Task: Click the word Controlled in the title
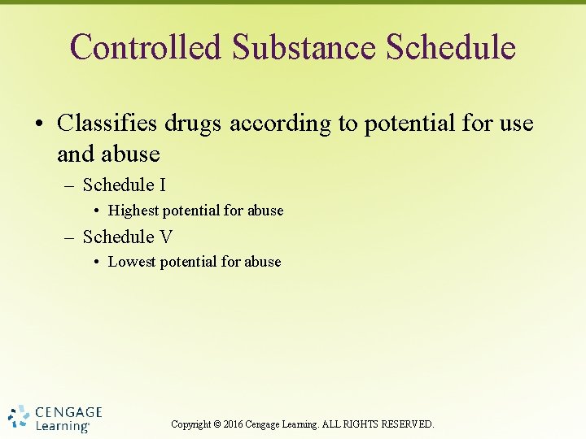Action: (146, 47)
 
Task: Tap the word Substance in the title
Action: (304, 47)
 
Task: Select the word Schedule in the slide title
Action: (451, 47)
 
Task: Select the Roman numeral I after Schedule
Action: (163, 185)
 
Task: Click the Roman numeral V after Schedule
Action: (165, 237)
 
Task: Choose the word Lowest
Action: (132, 262)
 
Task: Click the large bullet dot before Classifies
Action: (40, 124)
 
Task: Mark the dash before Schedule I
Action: (70, 186)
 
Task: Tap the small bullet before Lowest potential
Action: (97, 262)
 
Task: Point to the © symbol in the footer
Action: (216, 424)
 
